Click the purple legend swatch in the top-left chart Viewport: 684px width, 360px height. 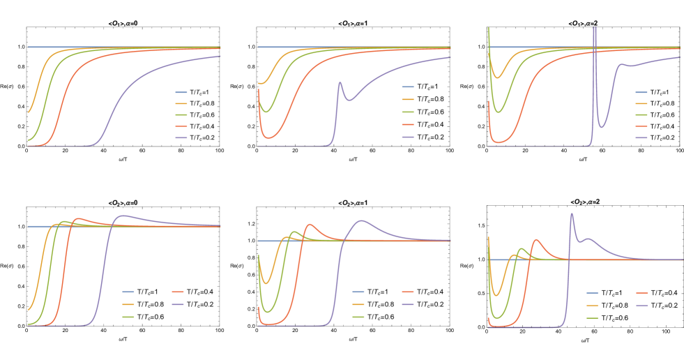[x=181, y=138]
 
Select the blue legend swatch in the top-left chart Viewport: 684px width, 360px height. [x=181, y=92]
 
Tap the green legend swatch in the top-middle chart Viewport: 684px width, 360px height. [x=408, y=112]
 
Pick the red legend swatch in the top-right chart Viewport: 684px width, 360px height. [x=641, y=126]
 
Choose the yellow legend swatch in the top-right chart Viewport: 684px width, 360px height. [x=641, y=103]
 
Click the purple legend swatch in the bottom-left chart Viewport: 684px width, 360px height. [x=178, y=304]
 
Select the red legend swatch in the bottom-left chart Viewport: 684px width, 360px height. [x=178, y=292]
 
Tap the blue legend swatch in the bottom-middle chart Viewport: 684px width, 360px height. [x=358, y=292]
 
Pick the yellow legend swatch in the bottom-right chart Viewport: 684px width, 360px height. [x=592, y=306]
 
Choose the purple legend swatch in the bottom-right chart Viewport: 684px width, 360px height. [x=641, y=306]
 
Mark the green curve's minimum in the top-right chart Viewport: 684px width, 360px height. [x=499, y=111]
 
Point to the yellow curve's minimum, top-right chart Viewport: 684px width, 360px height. [x=497, y=77]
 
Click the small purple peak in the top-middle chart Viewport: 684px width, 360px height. [x=340, y=82]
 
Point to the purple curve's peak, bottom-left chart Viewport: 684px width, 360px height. [x=124, y=216]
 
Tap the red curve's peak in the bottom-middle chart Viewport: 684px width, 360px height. [x=310, y=225]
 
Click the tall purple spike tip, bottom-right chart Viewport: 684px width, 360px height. [x=572, y=213]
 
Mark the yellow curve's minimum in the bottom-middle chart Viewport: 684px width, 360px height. [x=266, y=283]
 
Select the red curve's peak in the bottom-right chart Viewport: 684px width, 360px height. [x=536, y=240]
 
